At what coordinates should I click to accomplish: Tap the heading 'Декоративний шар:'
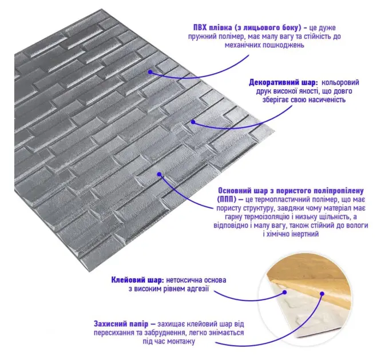[x=283, y=82]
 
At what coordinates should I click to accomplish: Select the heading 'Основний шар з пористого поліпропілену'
[x=291, y=191]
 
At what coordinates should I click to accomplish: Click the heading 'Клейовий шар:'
[x=137, y=280]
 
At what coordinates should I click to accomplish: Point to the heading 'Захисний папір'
[x=121, y=324]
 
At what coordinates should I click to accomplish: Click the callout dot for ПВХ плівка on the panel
[x=150, y=72]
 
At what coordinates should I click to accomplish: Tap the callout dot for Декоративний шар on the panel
[x=193, y=122]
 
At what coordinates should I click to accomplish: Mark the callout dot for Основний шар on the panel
[x=160, y=174]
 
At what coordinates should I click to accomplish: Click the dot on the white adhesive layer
[x=285, y=293]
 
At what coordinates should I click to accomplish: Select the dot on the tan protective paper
[x=322, y=294]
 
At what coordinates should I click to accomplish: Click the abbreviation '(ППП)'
[x=227, y=199]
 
